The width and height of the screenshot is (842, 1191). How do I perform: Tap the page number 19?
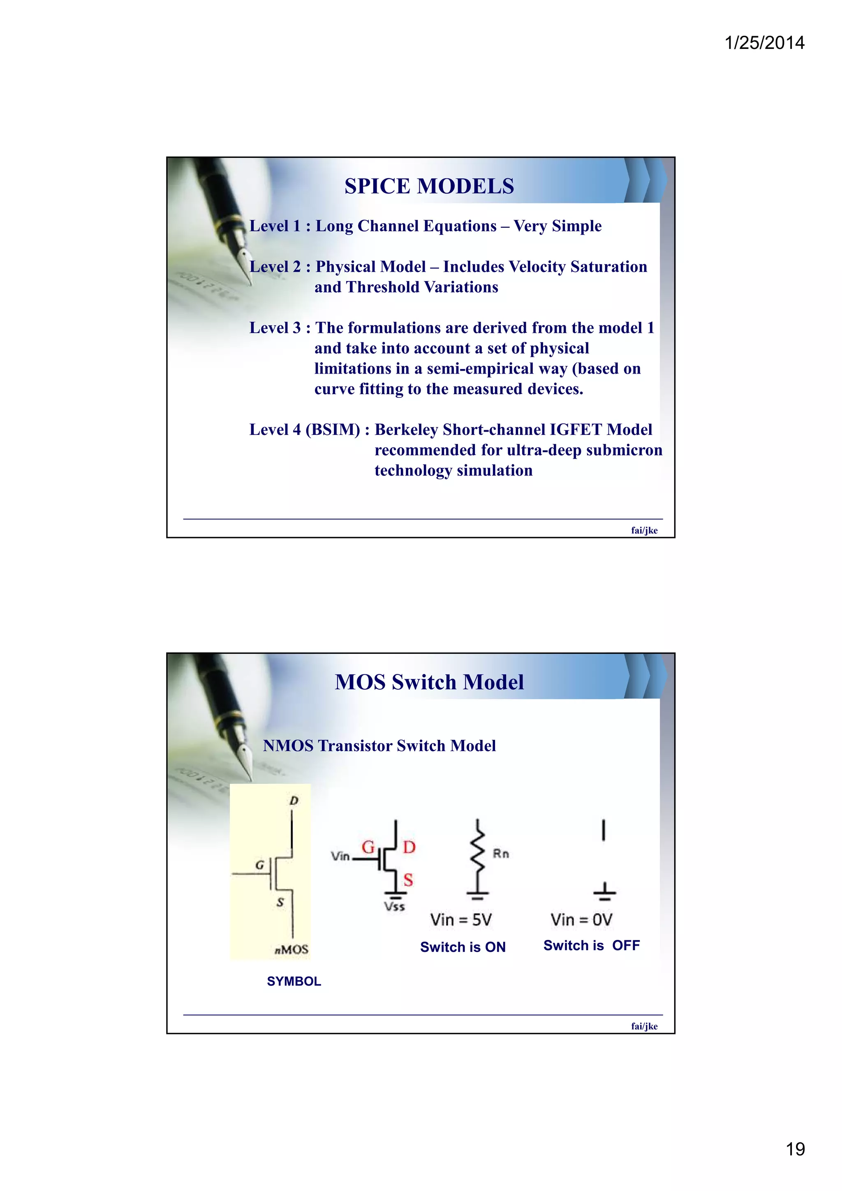(x=795, y=1149)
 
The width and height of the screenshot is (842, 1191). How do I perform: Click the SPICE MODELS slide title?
(x=429, y=186)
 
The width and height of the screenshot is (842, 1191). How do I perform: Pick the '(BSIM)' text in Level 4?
(x=333, y=429)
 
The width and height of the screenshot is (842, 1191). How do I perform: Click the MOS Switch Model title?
(x=429, y=682)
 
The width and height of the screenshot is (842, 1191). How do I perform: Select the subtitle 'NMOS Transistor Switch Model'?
(x=379, y=746)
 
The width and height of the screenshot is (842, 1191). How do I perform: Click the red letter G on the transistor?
(x=368, y=847)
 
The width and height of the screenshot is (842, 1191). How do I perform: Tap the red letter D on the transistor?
(x=409, y=847)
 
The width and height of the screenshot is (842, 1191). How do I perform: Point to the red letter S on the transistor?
(x=408, y=880)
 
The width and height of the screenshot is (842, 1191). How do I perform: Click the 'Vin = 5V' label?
(x=461, y=920)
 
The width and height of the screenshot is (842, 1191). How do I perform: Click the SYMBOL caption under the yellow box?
(x=294, y=981)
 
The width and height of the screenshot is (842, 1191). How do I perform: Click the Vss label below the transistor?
(x=394, y=907)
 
